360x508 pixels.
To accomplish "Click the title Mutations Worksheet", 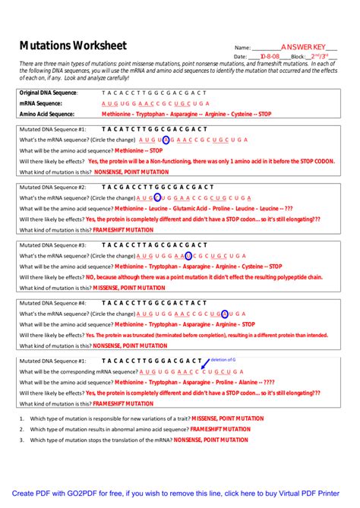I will coord(72,46).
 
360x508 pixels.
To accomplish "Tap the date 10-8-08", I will coord(270,56).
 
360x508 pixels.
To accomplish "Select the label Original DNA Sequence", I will coord(48,93).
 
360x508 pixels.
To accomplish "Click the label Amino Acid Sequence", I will coord(46,114).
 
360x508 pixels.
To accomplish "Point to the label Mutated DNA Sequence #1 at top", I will coord(52,130).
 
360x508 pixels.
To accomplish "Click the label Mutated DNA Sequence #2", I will coord(52,187).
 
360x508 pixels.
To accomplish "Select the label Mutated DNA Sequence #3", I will coord(52,245).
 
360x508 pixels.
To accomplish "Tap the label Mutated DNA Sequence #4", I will coord(52,302).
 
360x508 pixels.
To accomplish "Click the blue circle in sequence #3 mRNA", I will coord(188,256).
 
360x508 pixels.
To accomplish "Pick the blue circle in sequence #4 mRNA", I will coord(225,314).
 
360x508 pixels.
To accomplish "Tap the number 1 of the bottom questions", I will coord(23,418).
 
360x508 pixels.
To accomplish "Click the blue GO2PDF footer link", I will coord(180,493).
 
